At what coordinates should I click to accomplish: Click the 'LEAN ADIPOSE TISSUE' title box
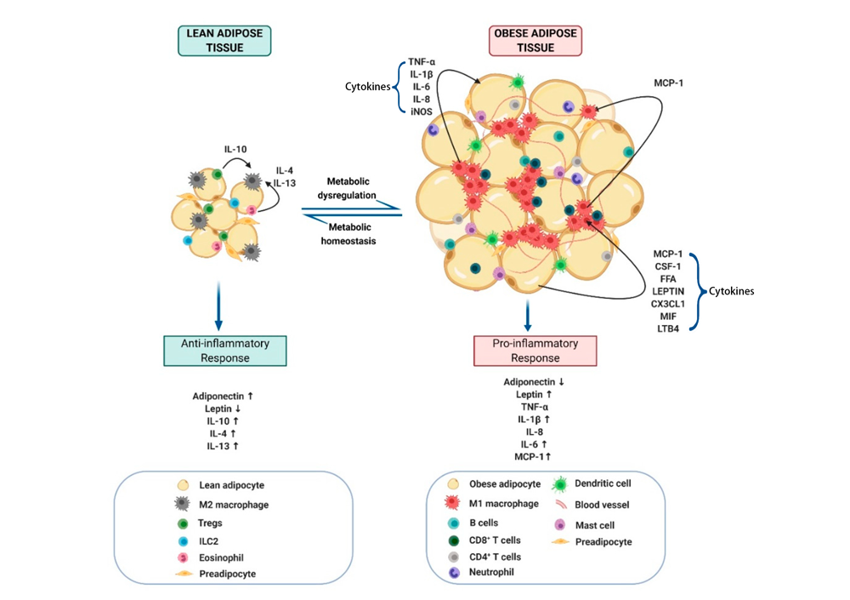[224, 41]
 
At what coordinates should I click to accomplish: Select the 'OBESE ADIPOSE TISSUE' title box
[535, 41]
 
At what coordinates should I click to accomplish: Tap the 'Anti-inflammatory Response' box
[225, 351]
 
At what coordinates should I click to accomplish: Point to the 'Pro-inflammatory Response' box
[535, 351]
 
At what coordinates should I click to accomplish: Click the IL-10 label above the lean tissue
[235, 149]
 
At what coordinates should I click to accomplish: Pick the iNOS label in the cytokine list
[422, 111]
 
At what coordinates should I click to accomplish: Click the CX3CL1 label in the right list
[668, 304]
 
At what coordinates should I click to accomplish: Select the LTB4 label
[668, 329]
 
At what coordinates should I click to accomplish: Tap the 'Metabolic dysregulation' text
[348, 188]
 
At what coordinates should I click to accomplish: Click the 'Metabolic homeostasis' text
[348, 234]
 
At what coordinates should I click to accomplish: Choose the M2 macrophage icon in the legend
[182, 504]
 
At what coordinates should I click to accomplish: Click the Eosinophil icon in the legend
[184, 557]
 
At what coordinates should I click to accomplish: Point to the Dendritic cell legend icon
[560, 483]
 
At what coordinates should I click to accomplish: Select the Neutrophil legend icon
[454, 572]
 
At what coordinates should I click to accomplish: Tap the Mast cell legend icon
[560, 524]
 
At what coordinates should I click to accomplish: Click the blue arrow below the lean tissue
[218, 306]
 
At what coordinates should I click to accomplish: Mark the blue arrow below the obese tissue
[528, 316]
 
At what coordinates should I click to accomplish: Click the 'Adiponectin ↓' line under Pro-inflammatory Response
[534, 382]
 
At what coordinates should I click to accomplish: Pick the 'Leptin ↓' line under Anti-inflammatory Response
[222, 409]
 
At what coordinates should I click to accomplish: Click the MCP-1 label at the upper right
[668, 83]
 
